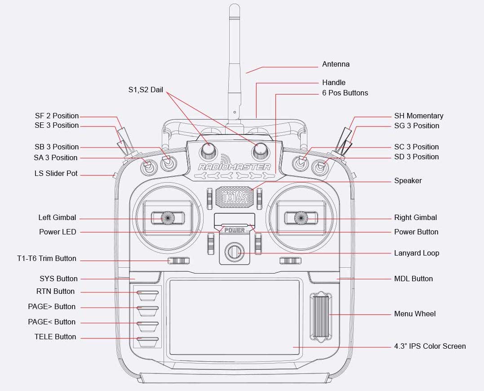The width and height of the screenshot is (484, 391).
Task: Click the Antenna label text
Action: point(336,64)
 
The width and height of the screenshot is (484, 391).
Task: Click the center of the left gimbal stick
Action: point(168,218)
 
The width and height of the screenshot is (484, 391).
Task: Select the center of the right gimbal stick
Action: point(300,218)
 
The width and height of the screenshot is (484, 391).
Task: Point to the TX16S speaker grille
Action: point(234,197)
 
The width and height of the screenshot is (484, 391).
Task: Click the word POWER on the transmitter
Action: point(234,230)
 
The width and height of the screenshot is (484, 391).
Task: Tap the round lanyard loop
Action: point(234,252)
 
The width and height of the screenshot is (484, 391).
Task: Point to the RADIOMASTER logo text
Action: point(234,167)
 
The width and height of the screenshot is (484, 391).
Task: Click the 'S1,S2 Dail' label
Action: point(146,90)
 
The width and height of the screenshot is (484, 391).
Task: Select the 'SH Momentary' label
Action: point(418,116)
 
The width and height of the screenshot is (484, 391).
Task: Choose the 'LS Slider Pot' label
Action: point(56,174)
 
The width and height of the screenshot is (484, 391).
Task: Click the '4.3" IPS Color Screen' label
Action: point(430,346)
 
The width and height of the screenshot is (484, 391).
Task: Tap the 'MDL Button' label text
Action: point(413,279)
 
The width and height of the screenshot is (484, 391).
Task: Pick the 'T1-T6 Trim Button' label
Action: point(47,259)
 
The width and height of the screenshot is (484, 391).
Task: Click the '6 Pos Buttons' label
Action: point(345,93)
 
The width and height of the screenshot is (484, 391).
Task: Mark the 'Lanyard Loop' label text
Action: point(417,253)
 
